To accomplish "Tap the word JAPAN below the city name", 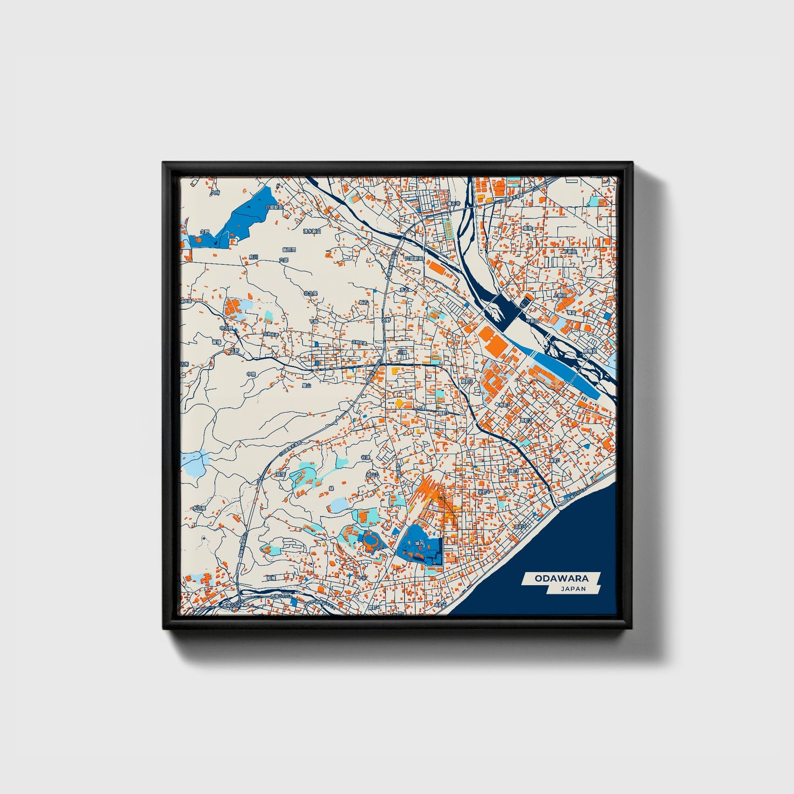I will click(x=573, y=588).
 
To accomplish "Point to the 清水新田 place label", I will click(x=312, y=231).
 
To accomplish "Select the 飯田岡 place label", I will click(x=289, y=249).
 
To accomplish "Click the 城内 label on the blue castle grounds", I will click(x=419, y=543).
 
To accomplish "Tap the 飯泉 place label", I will click(x=528, y=227).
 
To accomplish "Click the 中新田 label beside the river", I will click(x=532, y=321).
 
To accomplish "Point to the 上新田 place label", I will click(x=560, y=295).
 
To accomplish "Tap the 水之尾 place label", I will click(x=198, y=508).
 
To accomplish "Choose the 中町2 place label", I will click(x=512, y=471).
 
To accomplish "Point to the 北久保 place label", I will click(x=311, y=293).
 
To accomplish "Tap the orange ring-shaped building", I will click(x=371, y=541).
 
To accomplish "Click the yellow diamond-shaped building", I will click(x=399, y=404).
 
